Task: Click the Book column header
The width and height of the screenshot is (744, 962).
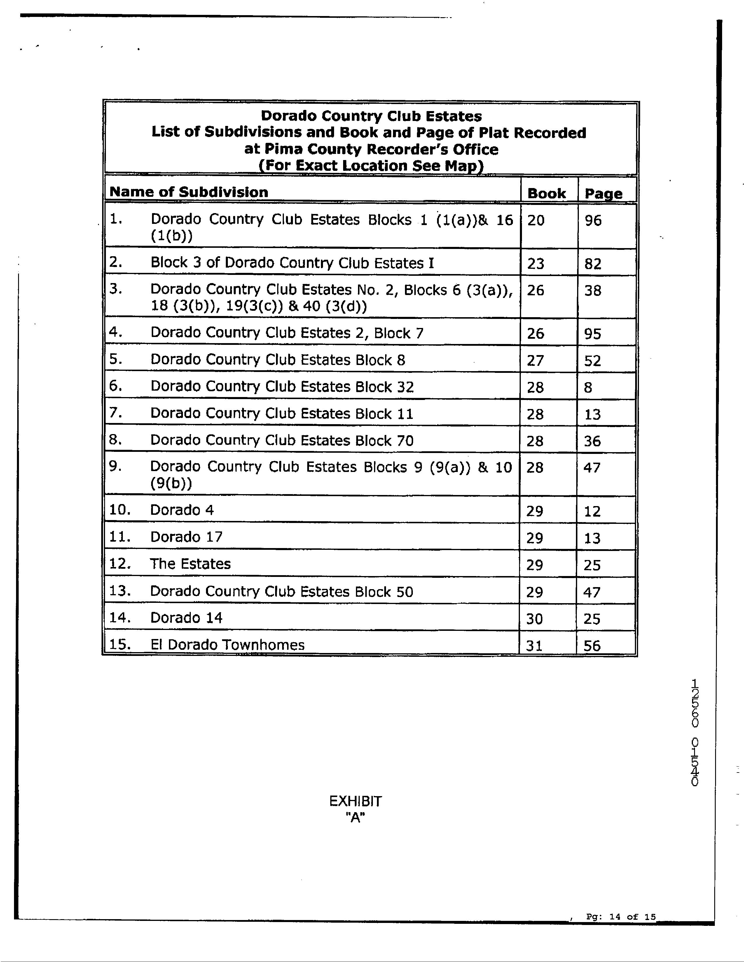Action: tap(546, 193)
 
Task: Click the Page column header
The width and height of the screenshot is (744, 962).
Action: tap(603, 193)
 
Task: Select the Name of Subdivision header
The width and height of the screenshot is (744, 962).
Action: tap(189, 192)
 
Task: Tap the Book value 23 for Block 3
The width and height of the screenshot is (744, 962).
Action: tap(535, 264)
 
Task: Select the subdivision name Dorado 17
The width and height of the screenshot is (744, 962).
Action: tap(186, 537)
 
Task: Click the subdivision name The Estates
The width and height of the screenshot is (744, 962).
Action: tap(190, 564)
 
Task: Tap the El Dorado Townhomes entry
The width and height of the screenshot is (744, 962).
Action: tap(227, 645)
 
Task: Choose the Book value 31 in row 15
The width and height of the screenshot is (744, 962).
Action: tap(534, 646)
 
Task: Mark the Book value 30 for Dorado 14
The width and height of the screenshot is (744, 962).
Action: tap(534, 619)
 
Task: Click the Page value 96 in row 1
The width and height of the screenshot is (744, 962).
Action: tap(593, 220)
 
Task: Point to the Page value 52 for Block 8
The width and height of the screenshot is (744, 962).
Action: tap(592, 361)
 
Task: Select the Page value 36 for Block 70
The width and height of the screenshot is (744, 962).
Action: tap(592, 441)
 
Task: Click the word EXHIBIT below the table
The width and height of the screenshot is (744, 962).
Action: tap(355, 801)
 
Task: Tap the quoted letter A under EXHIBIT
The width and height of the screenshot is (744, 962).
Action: tap(356, 817)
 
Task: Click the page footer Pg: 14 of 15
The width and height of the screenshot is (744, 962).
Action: tap(621, 917)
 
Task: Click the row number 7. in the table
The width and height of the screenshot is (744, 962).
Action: tap(115, 413)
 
